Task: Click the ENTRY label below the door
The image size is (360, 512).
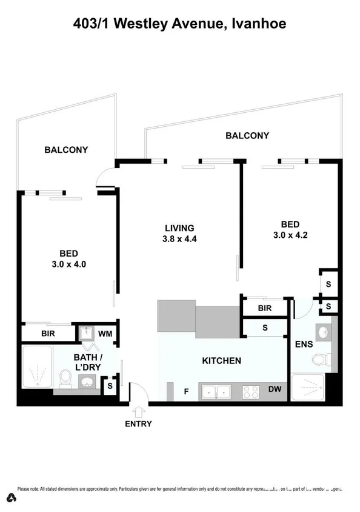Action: point(138,424)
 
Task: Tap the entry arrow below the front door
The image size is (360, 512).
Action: point(139,411)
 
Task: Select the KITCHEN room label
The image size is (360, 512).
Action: point(221,361)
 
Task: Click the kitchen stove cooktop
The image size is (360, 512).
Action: point(251,392)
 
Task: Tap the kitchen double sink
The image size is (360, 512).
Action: point(215,392)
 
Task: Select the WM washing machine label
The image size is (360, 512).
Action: point(105,334)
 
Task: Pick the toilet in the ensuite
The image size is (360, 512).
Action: point(319,360)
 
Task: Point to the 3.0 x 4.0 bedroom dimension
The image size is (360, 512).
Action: point(68,264)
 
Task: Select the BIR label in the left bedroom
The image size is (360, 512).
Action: point(48,334)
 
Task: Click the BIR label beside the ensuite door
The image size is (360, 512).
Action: point(264,308)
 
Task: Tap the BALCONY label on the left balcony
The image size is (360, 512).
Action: point(66,150)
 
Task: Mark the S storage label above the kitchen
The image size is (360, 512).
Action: point(265,328)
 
